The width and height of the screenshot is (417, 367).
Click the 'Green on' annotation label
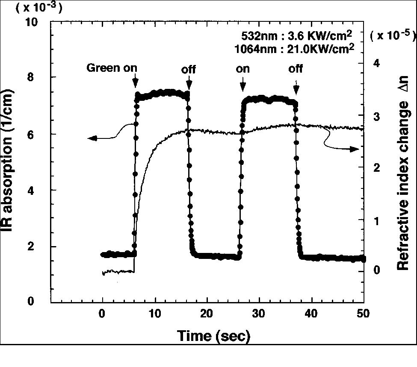tap(112, 68)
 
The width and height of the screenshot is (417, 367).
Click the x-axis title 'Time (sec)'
tap(214, 336)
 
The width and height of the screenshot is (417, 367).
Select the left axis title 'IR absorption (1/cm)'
tap(12, 162)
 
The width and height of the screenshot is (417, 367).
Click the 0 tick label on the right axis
tap(377, 271)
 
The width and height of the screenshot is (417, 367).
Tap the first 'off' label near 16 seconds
tap(188, 69)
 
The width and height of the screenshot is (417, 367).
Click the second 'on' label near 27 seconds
tap(243, 68)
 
